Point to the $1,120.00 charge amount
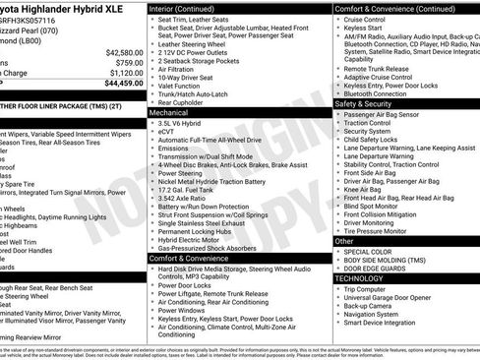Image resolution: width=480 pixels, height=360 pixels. (125, 73)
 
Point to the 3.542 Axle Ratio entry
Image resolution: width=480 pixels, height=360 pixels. (189, 199)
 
